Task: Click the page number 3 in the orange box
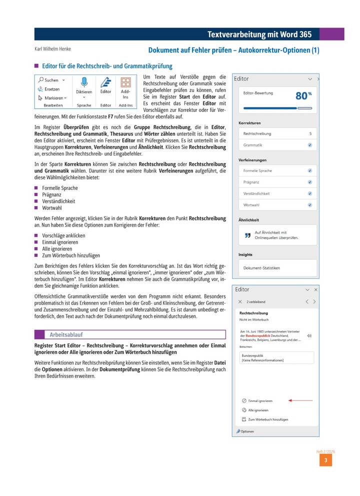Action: (325, 460)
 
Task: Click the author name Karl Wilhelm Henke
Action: (52, 49)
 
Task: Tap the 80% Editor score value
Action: (303, 95)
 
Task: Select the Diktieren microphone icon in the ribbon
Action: (84, 82)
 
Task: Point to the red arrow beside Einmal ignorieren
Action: (300, 400)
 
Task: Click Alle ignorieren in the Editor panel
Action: (258, 410)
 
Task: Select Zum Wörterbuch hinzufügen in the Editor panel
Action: (268, 419)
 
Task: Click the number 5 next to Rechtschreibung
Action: (310, 133)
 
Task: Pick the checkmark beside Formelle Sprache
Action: (310, 170)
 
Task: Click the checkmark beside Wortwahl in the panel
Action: (310, 205)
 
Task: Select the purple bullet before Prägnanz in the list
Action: (36, 194)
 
